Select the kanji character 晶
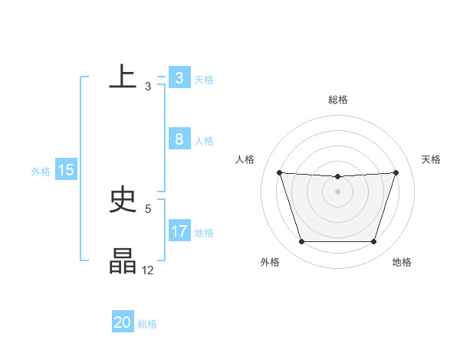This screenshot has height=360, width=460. pyautogui.click(x=123, y=261)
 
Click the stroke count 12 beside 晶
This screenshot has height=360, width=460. pyautogui.click(x=148, y=270)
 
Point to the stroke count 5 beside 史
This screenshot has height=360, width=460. pyautogui.click(x=148, y=208)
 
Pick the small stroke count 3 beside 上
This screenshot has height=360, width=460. pyautogui.click(x=148, y=86)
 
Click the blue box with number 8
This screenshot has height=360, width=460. pyautogui.click(x=179, y=139)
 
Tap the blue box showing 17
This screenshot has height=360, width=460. pyautogui.click(x=179, y=231)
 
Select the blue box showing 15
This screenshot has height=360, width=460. pyautogui.click(x=65, y=170)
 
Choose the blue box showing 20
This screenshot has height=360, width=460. pyautogui.click(x=123, y=322)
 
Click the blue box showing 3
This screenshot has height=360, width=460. pyautogui.click(x=179, y=78)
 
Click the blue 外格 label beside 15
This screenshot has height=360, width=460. pyautogui.click(x=41, y=172)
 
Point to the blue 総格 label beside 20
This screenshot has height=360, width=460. pyautogui.click(x=147, y=324)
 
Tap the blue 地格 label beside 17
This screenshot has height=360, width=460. pyautogui.click(x=204, y=233)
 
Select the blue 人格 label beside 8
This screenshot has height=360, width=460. pyautogui.click(x=204, y=141)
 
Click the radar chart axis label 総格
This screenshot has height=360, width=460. pyautogui.click(x=337, y=100)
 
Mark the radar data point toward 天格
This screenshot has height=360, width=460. pyautogui.click(x=396, y=172)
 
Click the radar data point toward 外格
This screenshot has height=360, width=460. pyautogui.click(x=301, y=242)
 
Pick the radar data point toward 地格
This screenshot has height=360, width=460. pyautogui.click(x=373, y=242)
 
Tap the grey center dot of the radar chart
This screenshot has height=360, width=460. pyautogui.click(x=337, y=191)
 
